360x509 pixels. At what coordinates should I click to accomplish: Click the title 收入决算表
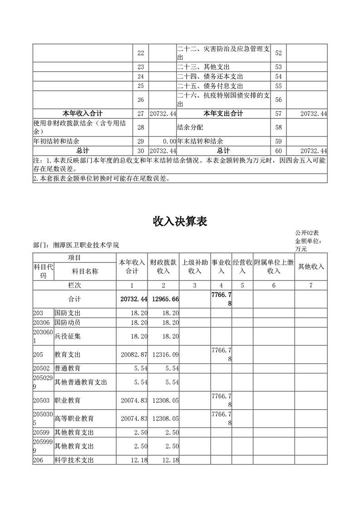pos(180,221)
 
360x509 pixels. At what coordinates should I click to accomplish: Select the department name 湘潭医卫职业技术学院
pos(86,245)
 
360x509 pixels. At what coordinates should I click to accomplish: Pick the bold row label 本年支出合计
pos(223,113)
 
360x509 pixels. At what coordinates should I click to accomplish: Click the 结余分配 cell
pos(187,127)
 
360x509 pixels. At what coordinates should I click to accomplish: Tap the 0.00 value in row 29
pos(169,142)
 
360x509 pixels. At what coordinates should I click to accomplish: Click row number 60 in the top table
pos(278,151)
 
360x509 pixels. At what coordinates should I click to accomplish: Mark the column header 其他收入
pos(311,267)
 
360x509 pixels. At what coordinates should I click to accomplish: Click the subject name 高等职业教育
pos(74,418)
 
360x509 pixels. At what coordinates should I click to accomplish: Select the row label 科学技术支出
pos(74,460)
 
